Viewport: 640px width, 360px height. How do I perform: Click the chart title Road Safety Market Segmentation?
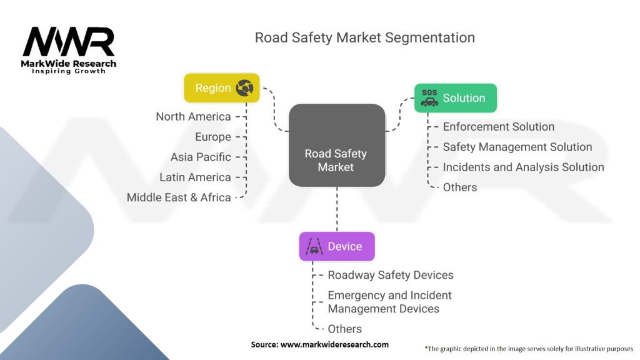(364, 37)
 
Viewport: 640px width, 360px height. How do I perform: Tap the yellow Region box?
(221, 88)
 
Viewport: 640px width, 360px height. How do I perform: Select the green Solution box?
(455, 98)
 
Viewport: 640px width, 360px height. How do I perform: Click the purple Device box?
(336, 246)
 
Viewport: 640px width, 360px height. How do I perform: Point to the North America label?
(193, 117)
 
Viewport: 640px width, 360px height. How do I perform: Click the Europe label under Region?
(212, 137)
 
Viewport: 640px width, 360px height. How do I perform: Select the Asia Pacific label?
(201, 157)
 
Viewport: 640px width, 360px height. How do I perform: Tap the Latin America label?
(195, 177)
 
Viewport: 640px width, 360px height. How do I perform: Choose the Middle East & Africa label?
(179, 197)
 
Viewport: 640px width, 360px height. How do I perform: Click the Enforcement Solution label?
(498, 127)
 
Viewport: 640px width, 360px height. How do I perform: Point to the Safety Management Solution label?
(517, 147)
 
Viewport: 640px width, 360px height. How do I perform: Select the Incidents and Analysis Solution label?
(523, 167)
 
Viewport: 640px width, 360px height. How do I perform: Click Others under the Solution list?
(459, 187)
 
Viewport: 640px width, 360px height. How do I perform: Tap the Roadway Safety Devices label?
(391, 275)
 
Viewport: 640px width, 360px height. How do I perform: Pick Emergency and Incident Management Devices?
(389, 302)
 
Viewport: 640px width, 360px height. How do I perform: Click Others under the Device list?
(344, 329)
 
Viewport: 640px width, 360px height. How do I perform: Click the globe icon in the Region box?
(244, 88)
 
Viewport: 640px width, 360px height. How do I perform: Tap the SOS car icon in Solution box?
(429, 98)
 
